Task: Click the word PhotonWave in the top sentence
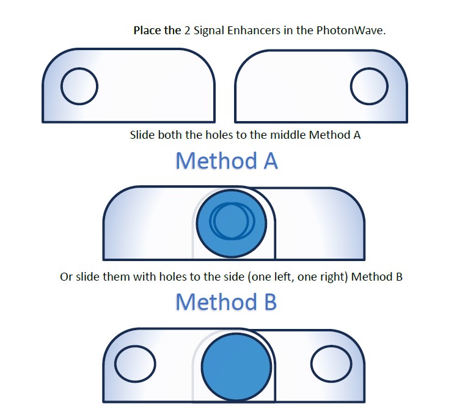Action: [x=351, y=31]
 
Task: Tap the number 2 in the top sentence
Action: [x=188, y=31]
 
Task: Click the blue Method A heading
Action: [x=227, y=161]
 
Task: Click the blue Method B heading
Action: [x=226, y=301]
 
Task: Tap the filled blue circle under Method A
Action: [x=232, y=223]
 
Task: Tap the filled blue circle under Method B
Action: [x=236, y=367]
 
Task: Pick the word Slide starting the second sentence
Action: [x=142, y=135]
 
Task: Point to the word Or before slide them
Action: [x=67, y=277]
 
